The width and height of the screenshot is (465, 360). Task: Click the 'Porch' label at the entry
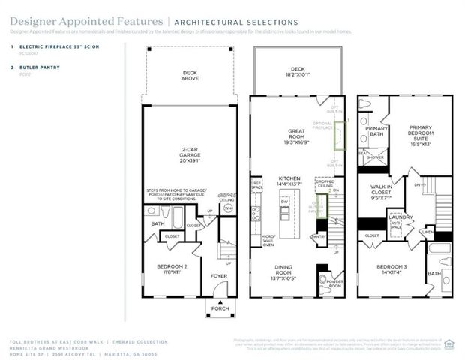coord(220,308)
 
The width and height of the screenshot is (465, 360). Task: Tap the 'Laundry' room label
coord(400,217)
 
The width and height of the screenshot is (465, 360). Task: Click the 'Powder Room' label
coord(330,283)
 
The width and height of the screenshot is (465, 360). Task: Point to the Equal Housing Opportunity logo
coord(450,343)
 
